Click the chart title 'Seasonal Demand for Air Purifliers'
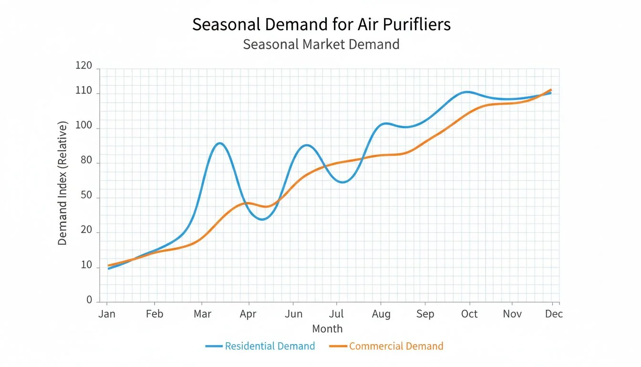(321, 24)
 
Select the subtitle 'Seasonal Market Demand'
(321, 44)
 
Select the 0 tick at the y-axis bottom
(89, 300)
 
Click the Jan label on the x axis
(107, 314)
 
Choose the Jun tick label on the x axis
(293, 314)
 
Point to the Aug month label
(381, 314)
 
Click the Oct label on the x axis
(469, 314)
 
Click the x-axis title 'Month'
(327, 329)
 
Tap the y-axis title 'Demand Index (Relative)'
(62, 183)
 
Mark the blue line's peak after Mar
(219, 143)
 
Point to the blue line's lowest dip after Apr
(262, 219)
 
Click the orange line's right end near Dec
(551, 89)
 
